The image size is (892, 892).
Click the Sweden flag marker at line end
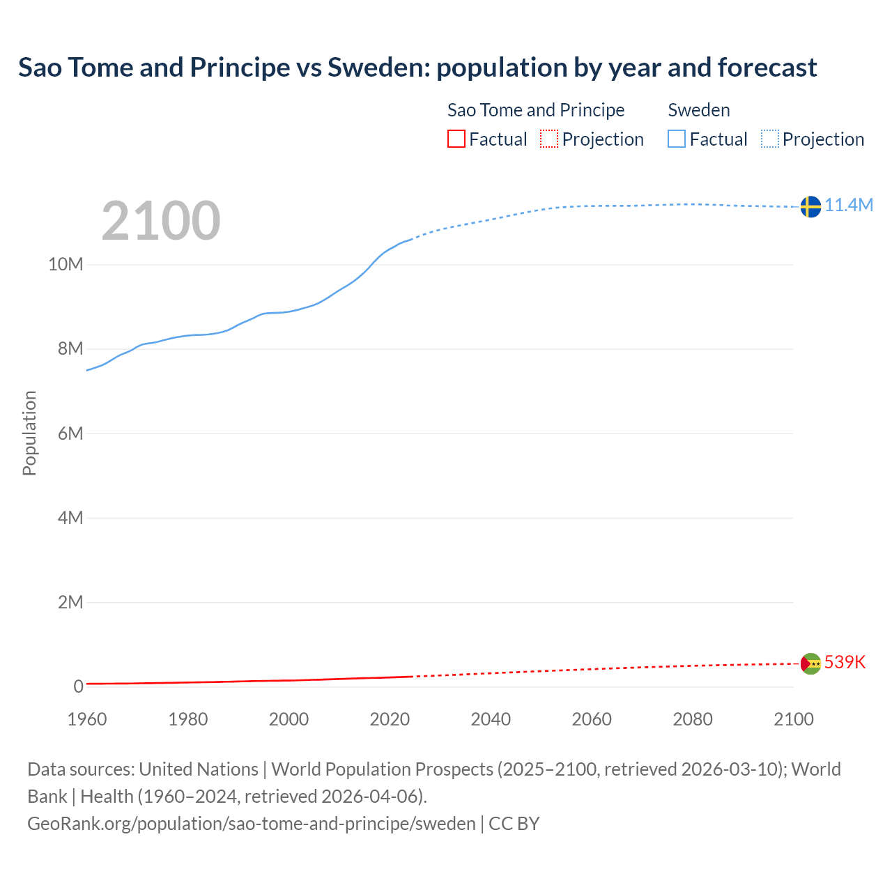click(x=810, y=206)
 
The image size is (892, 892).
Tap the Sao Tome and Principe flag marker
click(x=810, y=663)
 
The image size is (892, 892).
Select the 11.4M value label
click(x=849, y=205)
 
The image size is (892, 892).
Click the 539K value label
click(x=845, y=662)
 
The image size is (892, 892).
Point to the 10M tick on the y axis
click(x=66, y=264)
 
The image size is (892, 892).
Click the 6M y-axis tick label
click(x=70, y=433)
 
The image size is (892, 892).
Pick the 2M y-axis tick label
click(x=70, y=602)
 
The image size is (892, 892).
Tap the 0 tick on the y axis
click(x=78, y=686)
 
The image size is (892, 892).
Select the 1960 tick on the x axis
click(x=87, y=719)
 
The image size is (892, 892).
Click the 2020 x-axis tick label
click(x=390, y=719)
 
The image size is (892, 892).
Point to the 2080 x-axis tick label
click(x=693, y=719)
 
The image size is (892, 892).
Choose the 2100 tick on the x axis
click(x=793, y=719)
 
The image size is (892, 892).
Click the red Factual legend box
click(x=456, y=139)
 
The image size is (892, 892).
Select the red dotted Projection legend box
click(x=549, y=139)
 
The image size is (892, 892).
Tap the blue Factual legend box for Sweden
click(x=677, y=139)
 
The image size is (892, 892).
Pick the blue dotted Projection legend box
click(x=770, y=139)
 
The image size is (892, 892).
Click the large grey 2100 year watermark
click(x=161, y=221)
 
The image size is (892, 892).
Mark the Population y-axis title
click(x=29, y=433)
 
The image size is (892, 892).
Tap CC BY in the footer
click(x=514, y=824)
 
